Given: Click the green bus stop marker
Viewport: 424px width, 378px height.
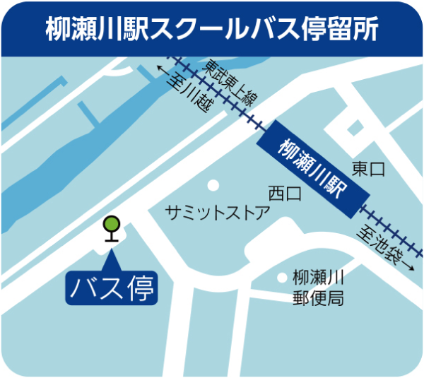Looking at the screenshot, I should [111, 225].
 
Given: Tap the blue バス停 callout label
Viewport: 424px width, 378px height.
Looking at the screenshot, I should [111, 288].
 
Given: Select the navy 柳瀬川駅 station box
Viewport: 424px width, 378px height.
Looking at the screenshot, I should [310, 170].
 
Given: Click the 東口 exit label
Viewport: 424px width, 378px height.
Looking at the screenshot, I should [368, 170].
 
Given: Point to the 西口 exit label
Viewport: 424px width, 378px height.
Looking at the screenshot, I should [285, 192].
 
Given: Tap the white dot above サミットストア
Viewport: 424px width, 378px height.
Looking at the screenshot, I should [211, 186].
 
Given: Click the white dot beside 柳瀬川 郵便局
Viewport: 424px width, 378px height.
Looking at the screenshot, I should [282, 278].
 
